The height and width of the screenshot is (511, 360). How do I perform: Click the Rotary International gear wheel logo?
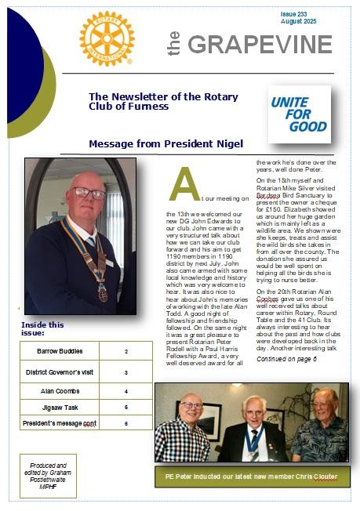[x=107, y=38]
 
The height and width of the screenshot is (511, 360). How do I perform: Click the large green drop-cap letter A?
[x=183, y=185]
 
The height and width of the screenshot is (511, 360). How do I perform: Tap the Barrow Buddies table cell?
[x=60, y=350]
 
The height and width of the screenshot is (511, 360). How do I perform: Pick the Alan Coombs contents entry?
[x=60, y=390]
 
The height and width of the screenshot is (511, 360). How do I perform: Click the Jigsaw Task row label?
[x=60, y=407]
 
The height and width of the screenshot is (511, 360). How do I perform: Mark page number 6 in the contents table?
[x=125, y=422]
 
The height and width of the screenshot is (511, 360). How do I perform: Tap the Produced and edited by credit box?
[x=49, y=475]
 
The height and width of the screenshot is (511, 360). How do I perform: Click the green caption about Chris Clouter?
[x=251, y=477]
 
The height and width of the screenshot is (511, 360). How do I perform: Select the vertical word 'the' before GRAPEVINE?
[x=175, y=44]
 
